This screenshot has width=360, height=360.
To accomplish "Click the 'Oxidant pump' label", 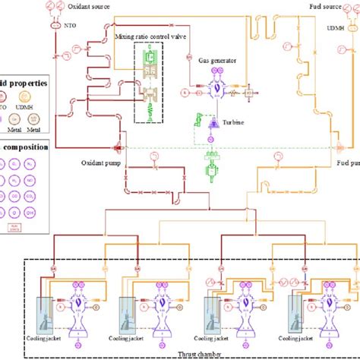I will (97, 161).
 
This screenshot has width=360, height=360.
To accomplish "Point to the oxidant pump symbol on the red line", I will (118, 147).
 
